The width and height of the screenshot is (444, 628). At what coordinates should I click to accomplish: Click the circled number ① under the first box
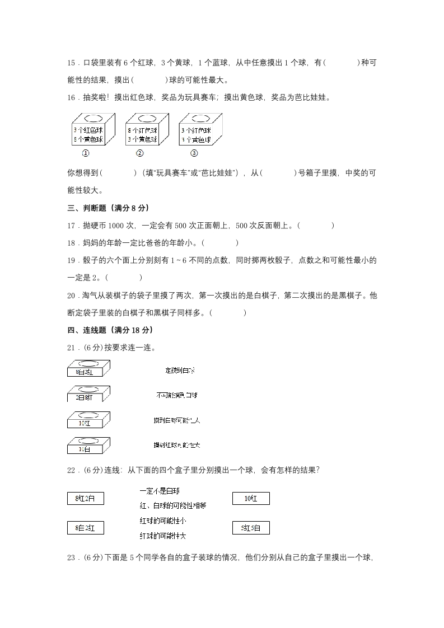pyautogui.click(x=86, y=153)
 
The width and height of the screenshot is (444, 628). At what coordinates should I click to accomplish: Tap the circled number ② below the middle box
pyautogui.click(x=140, y=153)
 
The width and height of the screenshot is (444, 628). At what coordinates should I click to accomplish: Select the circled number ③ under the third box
pyautogui.click(x=194, y=153)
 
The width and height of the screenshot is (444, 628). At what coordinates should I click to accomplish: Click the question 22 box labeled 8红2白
pyautogui.click(x=85, y=498)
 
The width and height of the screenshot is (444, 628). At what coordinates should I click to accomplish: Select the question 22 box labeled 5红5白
pyautogui.click(x=251, y=527)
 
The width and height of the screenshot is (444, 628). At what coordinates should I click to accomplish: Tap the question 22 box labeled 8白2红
pyautogui.click(x=85, y=527)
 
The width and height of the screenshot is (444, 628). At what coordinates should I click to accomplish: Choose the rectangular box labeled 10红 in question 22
pyautogui.click(x=251, y=498)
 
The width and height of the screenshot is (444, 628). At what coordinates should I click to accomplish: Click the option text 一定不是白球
pyautogui.click(x=160, y=491)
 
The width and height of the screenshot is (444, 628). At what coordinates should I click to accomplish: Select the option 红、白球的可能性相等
pyautogui.click(x=173, y=505)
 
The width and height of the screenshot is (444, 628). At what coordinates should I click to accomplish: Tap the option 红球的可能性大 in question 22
pyautogui.click(x=163, y=535)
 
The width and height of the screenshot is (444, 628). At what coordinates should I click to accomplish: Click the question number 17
pyautogui.click(x=71, y=226)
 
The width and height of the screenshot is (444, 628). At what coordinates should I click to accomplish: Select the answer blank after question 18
pyautogui.click(x=220, y=243)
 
